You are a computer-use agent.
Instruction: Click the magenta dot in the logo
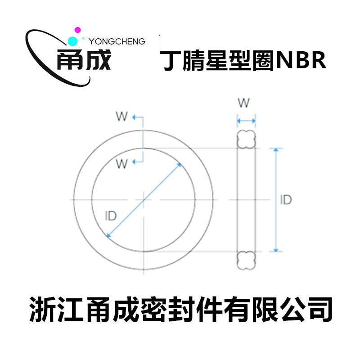(77, 30)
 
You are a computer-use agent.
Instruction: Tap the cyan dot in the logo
(71, 41)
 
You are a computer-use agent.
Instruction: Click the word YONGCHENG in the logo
(117, 41)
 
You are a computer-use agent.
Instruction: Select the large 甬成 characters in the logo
(84, 60)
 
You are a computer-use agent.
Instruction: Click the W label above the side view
(243, 103)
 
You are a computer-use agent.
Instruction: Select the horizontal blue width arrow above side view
(246, 121)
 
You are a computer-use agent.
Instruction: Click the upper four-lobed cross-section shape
(246, 139)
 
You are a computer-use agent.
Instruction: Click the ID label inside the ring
(110, 216)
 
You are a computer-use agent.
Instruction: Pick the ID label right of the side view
(285, 200)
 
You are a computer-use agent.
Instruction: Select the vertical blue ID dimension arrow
(276, 200)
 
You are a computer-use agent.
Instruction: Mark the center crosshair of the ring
(143, 199)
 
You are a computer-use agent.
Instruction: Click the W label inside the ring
(122, 164)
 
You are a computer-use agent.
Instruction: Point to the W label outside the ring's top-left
(121, 117)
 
